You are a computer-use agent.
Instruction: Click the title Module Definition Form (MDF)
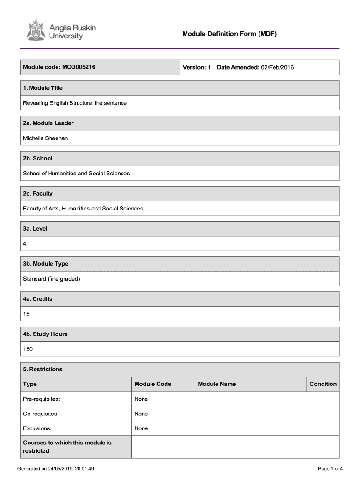230,34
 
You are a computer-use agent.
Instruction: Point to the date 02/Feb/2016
277,68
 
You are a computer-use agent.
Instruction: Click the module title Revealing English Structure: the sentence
75,103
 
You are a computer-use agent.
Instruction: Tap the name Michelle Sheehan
45,138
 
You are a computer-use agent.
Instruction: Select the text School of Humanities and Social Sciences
76,173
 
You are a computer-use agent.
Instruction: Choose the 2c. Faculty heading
38,193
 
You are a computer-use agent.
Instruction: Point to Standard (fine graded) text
51,279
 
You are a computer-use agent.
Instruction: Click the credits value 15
26,314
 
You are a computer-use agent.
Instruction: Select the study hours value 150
28,349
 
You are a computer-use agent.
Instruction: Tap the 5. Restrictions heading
43,369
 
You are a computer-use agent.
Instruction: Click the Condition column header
323,384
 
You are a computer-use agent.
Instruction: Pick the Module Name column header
217,384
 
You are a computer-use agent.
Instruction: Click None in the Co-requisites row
141,414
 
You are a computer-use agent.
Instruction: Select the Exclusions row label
37,428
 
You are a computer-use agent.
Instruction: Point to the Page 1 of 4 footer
330,468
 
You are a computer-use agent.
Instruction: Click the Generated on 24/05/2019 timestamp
56,468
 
